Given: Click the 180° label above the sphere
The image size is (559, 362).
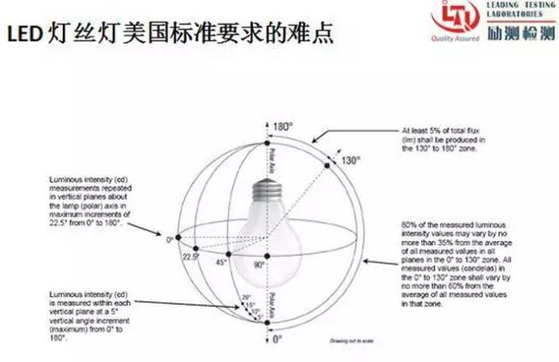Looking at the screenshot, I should (x=281, y=128).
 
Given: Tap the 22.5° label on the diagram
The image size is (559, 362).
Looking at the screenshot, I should (x=190, y=257).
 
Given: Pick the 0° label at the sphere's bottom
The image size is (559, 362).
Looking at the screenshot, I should (x=277, y=338).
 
